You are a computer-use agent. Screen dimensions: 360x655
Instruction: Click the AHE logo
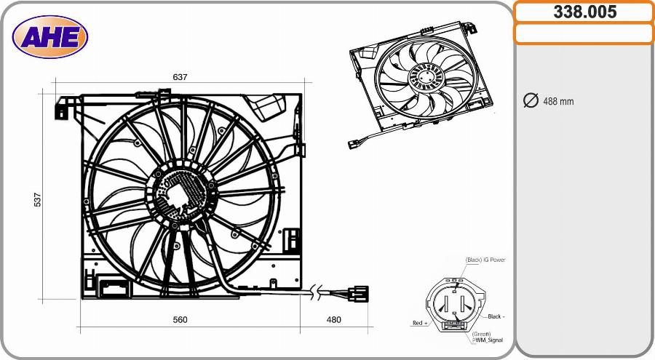tap(50, 37)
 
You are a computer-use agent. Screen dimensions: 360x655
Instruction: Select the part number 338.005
tap(584, 12)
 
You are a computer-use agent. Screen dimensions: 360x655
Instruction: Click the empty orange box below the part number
tap(584, 33)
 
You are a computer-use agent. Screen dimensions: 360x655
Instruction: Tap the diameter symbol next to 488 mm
tap(531, 100)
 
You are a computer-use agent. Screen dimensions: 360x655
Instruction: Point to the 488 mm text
tap(558, 101)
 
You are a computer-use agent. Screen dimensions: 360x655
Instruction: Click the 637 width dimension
tap(180, 77)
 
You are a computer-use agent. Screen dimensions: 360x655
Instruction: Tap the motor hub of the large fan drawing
tap(180, 192)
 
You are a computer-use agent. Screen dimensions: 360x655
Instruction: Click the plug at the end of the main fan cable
tap(357, 294)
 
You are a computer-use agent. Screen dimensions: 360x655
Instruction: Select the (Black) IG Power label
tap(485, 260)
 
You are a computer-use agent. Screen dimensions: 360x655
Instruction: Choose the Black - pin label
tap(496, 316)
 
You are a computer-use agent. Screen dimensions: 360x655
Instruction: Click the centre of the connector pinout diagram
tap(454, 305)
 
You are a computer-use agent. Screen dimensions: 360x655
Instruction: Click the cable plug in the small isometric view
tap(354, 143)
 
